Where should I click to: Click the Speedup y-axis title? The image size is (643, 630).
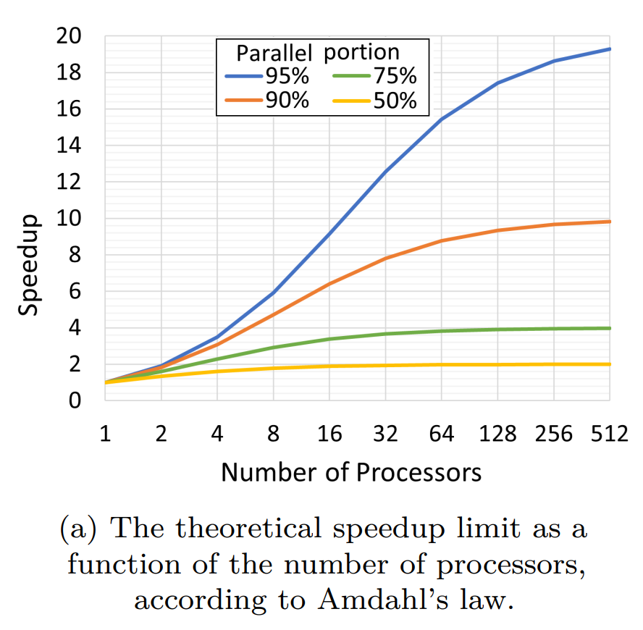point(30,264)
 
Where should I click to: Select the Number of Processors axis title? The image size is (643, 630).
point(351,472)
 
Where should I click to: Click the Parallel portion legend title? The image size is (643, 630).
point(319,52)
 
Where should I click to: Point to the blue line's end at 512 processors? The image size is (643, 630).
point(610,49)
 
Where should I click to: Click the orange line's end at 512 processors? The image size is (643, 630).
point(610,222)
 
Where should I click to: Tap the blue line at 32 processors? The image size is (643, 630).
point(385,172)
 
